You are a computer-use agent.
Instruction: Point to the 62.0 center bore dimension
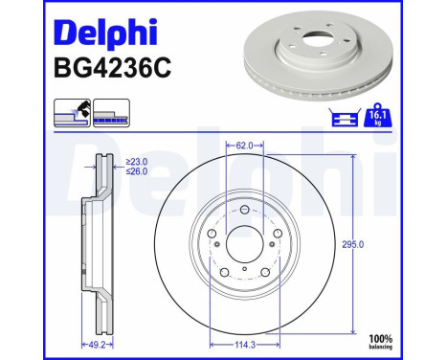[x=244, y=146]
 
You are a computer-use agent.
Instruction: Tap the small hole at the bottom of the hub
[x=244, y=271]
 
